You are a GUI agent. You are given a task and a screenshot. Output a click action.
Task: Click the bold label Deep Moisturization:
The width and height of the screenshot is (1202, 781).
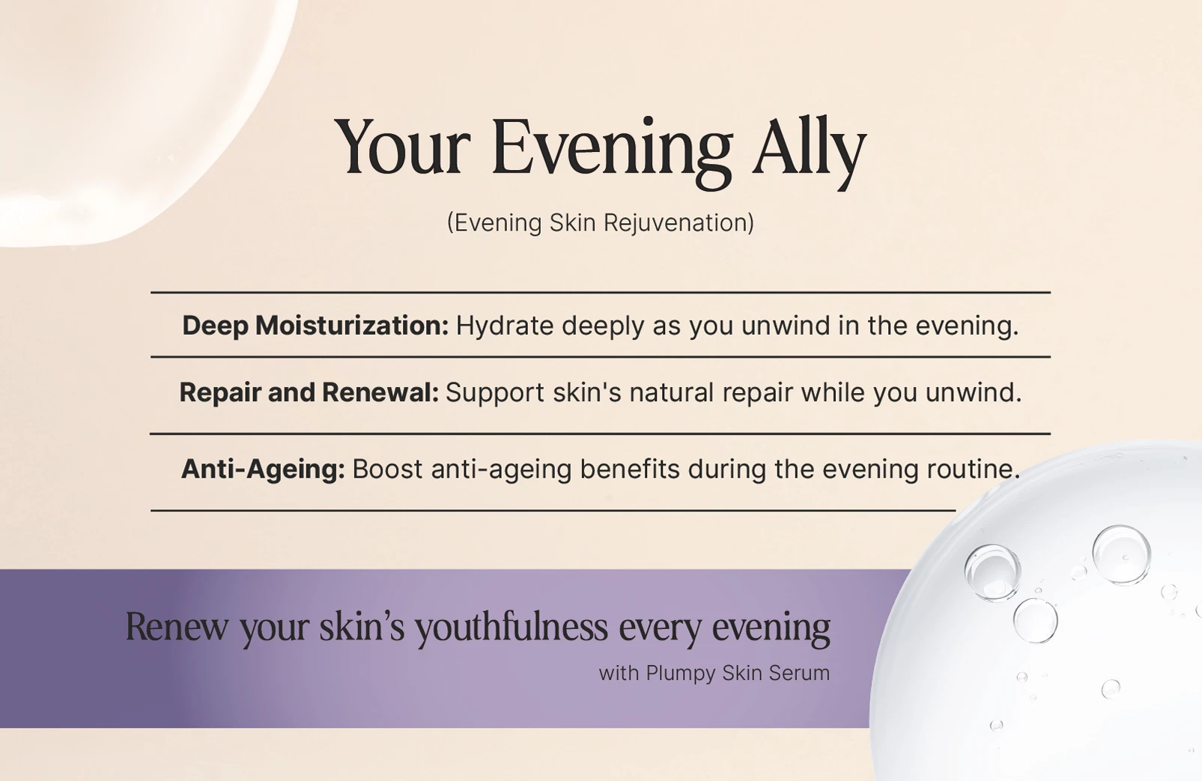coord(315,326)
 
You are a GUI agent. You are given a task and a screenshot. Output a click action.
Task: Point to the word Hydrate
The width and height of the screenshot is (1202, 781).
coord(505,326)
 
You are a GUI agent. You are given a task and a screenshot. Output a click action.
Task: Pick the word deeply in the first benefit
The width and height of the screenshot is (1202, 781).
coord(603,326)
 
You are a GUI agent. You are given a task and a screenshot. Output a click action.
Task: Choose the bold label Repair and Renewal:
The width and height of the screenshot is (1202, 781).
coord(309,392)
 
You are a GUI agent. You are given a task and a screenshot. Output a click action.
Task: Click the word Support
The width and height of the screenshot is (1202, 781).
coord(494,392)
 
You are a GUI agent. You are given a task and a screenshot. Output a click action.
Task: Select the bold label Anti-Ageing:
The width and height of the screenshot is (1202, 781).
coord(263,469)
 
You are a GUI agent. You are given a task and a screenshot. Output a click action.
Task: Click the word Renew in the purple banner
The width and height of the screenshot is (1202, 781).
coord(176,627)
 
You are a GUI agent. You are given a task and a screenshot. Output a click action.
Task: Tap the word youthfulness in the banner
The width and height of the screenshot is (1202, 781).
coord(512,627)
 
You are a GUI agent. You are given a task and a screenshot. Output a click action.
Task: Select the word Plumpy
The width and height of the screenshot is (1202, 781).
coord(681,673)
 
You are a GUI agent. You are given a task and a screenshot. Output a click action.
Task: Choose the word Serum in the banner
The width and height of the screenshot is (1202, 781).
coord(799,673)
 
